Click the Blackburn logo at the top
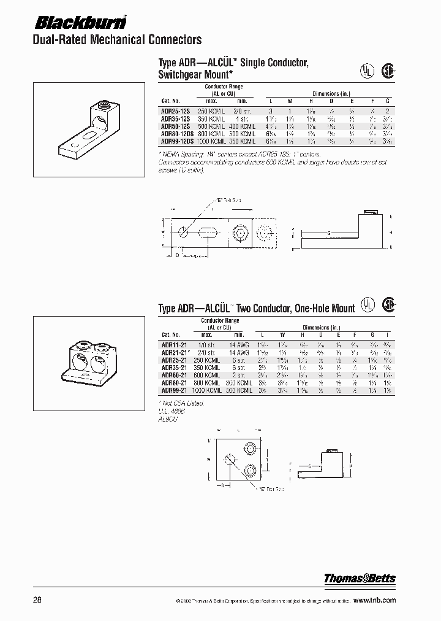79,23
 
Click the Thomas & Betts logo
360,578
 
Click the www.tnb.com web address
374,600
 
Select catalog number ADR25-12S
174,110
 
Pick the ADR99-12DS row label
176,139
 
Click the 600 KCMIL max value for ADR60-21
211,375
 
